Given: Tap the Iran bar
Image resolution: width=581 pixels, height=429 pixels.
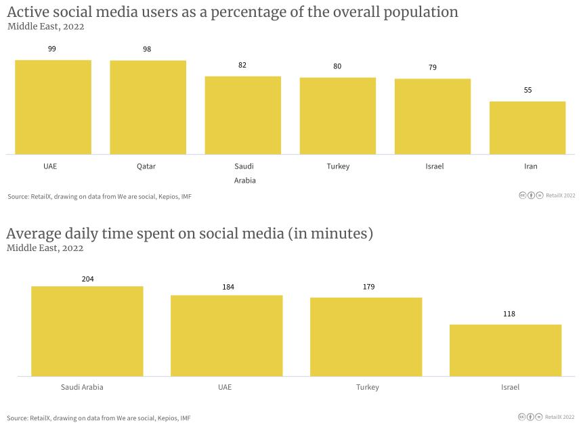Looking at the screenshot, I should coord(527,128).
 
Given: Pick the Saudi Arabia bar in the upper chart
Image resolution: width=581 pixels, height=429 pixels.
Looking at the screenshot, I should coord(242,115).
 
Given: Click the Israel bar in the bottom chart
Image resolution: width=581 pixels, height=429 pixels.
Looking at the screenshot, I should coord(505,350).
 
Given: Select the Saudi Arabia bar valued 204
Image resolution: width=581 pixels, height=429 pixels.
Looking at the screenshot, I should coord(87,331).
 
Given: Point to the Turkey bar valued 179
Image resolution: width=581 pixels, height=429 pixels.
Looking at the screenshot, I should coord(366,336).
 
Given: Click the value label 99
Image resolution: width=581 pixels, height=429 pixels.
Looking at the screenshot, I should coord(52,49).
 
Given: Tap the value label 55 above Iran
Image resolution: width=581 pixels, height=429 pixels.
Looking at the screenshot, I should coord(528,90).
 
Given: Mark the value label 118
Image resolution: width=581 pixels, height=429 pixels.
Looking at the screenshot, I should coord(505,314).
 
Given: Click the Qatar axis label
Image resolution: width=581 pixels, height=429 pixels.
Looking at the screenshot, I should coord(146,166).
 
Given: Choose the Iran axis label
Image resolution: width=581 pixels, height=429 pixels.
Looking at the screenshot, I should coord(531,166).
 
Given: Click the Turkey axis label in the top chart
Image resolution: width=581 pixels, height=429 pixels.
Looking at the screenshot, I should coord(338,166).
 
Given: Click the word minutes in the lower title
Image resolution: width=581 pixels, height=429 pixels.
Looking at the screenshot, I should coord(339,234).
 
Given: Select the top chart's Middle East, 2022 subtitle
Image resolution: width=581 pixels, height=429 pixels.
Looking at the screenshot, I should coord(45,27).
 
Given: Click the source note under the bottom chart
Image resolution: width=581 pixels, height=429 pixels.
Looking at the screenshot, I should coord(99,418).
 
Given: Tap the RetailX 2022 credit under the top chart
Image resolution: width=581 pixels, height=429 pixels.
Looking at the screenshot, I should coord(560,196).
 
